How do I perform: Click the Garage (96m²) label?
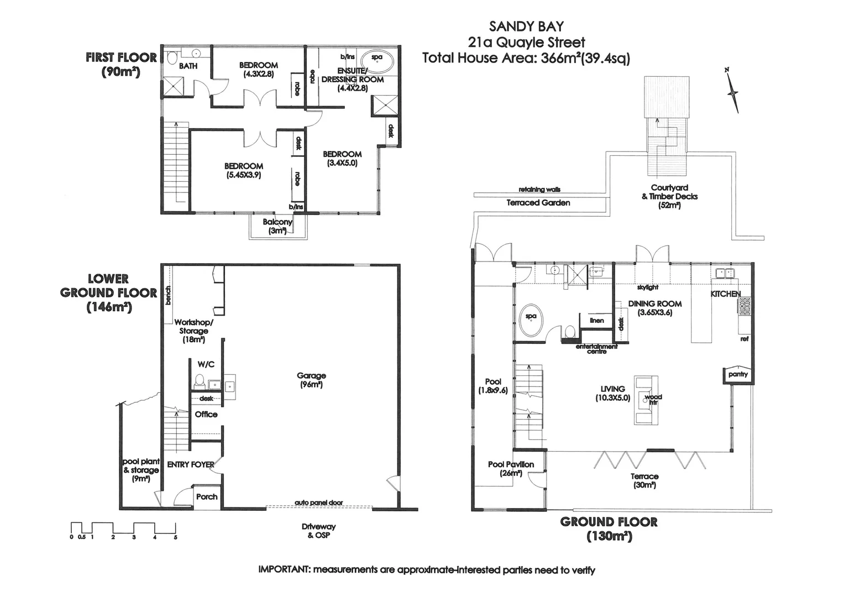tap(311, 380)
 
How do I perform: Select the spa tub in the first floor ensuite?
tap(376, 58)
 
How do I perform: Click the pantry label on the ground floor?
tap(738, 374)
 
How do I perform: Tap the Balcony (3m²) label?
tap(277, 226)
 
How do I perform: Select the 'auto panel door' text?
tap(318, 502)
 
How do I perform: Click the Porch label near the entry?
tap(207, 496)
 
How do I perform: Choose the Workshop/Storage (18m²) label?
tap(193, 331)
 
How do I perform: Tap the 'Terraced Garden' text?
tap(538, 203)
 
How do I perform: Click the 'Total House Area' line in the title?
tap(526, 58)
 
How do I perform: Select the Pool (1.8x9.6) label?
tap(493, 386)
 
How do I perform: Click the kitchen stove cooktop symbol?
tap(744, 306)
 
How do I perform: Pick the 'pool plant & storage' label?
tap(141, 470)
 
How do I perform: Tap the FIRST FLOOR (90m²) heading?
tap(121, 64)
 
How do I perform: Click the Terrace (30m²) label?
tap(644, 480)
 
